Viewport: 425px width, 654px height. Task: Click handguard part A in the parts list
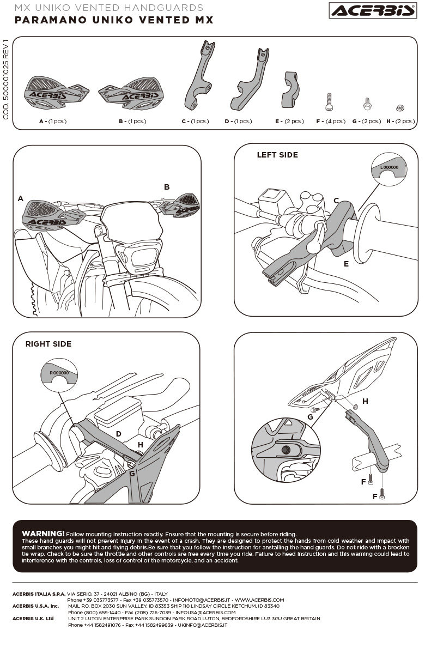click(57, 93)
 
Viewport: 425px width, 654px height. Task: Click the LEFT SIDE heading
click(277, 155)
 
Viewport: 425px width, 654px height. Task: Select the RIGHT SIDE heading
click(48, 344)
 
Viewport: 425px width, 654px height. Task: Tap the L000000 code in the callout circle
click(388, 167)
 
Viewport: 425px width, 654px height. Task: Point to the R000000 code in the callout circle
click(59, 373)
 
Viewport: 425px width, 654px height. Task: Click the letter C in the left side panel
click(336, 201)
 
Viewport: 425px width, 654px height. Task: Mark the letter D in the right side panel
click(118, 434)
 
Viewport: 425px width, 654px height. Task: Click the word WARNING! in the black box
click(43, 533)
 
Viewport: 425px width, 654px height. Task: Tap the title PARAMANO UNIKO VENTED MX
click(114, 21)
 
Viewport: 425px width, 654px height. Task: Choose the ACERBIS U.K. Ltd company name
click(33, 619)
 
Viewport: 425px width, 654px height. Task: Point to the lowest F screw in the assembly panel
click(382, 495)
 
